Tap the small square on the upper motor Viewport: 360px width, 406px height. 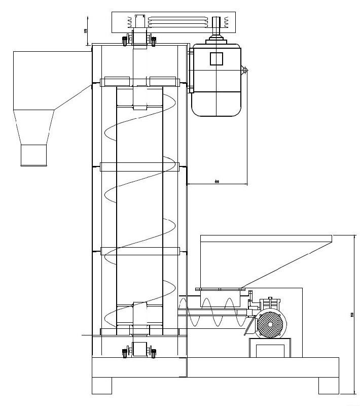point(217,58)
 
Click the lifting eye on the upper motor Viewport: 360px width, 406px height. point(245,69)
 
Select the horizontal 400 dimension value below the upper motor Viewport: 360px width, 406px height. point(217,181)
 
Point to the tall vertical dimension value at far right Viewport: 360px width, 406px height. point(352,315)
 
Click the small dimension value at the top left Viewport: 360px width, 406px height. point(86,31)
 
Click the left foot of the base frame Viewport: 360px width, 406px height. point(102,385)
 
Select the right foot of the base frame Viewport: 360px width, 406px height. point(328,385)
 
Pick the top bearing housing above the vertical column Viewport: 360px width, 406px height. point(140,39)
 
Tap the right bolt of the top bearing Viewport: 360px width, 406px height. point(153,39)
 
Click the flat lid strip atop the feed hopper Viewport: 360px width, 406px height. point(266,238)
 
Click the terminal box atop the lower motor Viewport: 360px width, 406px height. point(268,303)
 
